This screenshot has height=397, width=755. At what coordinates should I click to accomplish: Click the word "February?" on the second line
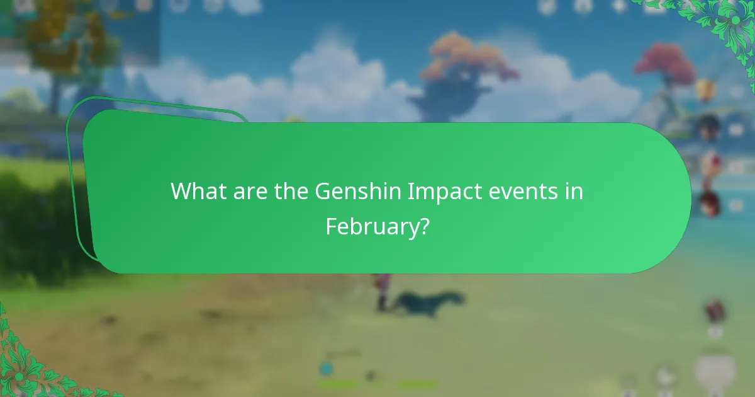click(377, 226)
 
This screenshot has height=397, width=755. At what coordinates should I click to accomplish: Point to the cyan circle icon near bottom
click(325, 369)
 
